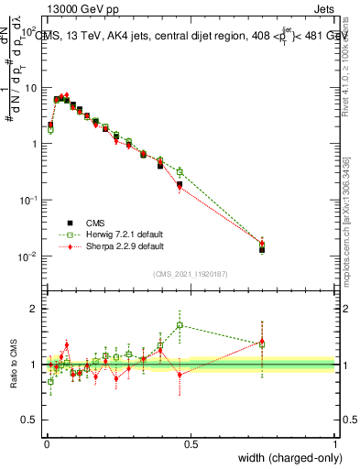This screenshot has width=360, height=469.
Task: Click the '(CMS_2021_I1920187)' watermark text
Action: coord(190,273)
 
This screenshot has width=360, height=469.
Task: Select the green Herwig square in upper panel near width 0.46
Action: coord(180,171)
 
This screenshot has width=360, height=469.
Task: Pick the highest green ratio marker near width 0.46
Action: coord(180,325)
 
